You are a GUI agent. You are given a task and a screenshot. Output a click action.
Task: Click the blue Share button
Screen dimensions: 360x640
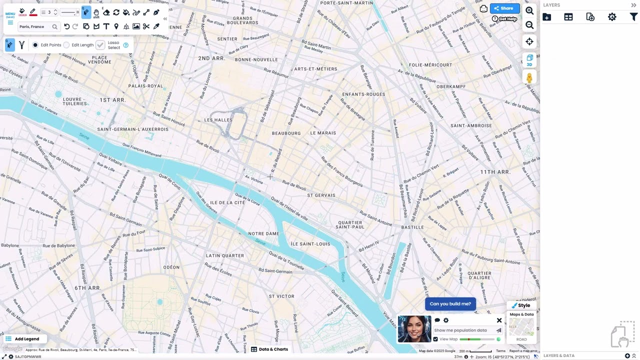click(x=504, y=8)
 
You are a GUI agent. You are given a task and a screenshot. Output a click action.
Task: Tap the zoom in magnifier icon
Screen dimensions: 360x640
click(x=529, y=10)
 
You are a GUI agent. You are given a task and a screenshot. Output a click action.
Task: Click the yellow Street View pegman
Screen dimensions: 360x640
click(x=529, y=78)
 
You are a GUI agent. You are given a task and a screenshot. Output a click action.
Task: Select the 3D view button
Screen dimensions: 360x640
click(x=529, y=60)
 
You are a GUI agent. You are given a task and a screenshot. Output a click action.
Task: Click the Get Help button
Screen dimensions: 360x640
click(x=504, y=19)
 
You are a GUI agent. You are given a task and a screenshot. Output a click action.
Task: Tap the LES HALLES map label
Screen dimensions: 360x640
click(x=218, y=120)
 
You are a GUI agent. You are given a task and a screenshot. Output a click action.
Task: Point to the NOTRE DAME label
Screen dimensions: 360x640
click(x=263, y=233)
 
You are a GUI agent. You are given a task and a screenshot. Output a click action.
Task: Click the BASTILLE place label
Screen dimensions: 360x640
click(x=412, y=227)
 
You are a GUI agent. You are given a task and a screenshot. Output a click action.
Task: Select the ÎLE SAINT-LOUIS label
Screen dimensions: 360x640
click(x=310, y=244)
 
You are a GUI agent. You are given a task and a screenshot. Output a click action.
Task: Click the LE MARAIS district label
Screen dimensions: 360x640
click(x=323, y=133)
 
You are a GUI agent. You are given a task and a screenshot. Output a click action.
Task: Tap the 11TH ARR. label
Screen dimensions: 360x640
click(x=495, y=172)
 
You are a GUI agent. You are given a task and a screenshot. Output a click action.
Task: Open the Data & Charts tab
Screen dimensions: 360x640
click(x=269, y=349)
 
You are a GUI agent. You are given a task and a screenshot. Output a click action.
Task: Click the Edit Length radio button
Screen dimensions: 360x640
click(x=66, y=45)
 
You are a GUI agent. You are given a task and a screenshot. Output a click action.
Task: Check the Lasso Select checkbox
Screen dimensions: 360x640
click(x=100, y=45)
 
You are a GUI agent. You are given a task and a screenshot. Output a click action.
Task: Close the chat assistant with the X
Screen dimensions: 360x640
click(x=499, y=320)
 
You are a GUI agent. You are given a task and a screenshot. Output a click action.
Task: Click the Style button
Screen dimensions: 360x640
click(x=520, y=305)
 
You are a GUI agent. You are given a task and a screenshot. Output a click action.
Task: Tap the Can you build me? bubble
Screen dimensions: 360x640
click(x=450, y=304)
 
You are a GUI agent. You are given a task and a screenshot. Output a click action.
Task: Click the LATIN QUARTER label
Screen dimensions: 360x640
click(x=225, y=255)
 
